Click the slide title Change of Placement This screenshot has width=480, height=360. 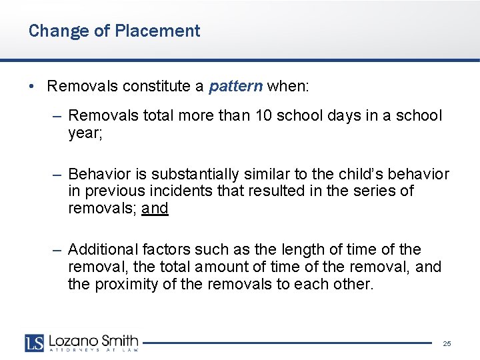(x=114, y=31)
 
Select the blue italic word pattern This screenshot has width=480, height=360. (x=237, y=86)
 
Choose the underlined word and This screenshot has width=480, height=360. (x=155, y=208)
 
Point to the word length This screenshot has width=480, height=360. (x=290, y=249)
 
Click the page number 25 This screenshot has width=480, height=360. (x=447, y=343)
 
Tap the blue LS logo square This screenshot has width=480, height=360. (x=35, y=343)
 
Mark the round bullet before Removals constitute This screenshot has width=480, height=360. (x=31, y=87)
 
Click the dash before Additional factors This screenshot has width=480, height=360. (x=58, y=250)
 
